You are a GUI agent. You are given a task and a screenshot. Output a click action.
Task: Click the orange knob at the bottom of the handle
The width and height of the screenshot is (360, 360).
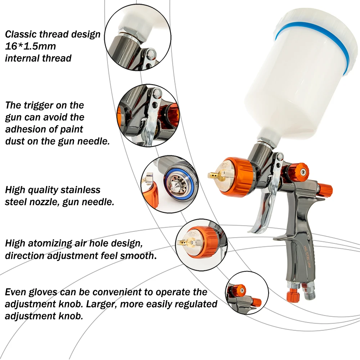tap(292, 296)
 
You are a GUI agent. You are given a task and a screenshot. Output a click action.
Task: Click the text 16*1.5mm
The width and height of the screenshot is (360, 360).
tap(30, 46)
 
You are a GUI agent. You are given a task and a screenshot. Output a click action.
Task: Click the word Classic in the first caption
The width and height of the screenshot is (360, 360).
tap(22, 35)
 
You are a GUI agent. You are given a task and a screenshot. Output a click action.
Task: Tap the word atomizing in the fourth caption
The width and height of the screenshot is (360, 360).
tap(51, 243)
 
